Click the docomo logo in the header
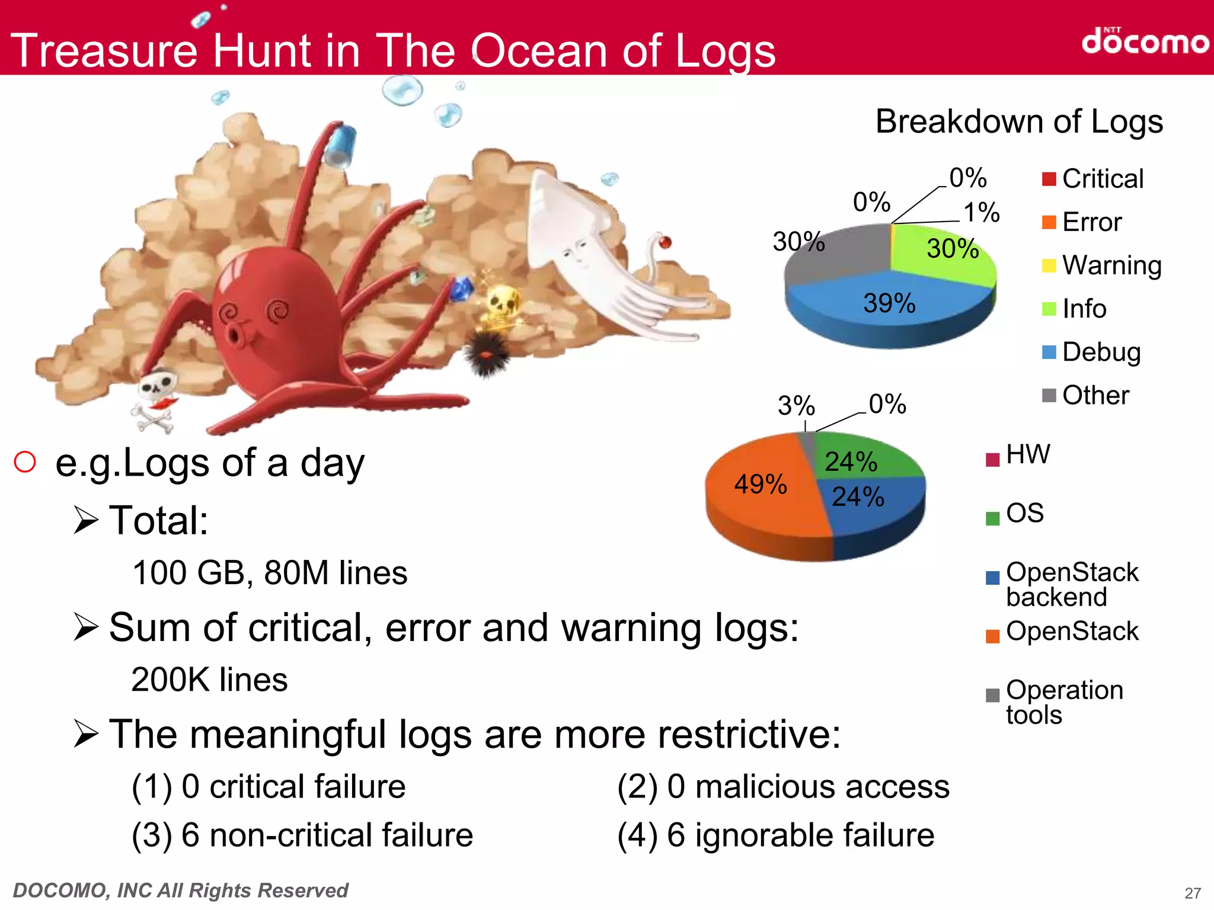pyautogui.click(x=1145, y=41)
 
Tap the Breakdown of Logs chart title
pyautogui.click(x=1019, y=122)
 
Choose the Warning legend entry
pyautogui.click(x=1103, y=265)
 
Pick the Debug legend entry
pyautogui.click(x=1092, y=352)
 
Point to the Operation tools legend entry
pyautogui.click(x=1056, y=702)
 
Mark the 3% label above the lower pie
pyautogui.click(x=796, y=406)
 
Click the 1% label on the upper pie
pyautogui.click(x=981, y=213)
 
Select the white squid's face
pyautogui.click(x=572, y=249)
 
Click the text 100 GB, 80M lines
pyautogui.click(x=270, y=573)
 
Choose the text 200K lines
pyautogui.click(x=209, y=680)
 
